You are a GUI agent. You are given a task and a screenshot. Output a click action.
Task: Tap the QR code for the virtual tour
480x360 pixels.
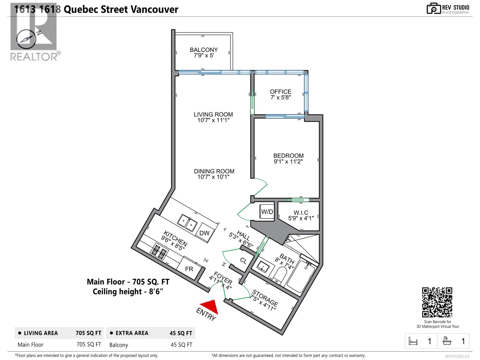437,302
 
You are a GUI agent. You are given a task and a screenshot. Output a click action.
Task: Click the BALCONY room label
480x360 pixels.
204,50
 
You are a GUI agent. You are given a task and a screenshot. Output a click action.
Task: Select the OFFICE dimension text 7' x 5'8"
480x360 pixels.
280,97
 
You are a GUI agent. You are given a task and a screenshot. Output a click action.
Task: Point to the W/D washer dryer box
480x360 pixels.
267,212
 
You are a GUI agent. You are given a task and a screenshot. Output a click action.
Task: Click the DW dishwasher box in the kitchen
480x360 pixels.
204,233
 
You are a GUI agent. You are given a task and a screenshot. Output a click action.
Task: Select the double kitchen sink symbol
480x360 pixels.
187,223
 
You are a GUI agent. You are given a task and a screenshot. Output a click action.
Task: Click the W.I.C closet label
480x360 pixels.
301,212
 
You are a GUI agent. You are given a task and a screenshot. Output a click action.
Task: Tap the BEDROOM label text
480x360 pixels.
288,156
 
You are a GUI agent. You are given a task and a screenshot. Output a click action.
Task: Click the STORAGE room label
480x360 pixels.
265,297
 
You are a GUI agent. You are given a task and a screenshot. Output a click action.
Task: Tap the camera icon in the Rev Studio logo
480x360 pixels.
433,9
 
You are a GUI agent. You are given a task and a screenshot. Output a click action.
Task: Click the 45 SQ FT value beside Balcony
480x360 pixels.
181,345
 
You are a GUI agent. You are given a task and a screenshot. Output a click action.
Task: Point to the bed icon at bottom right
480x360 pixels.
413,341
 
